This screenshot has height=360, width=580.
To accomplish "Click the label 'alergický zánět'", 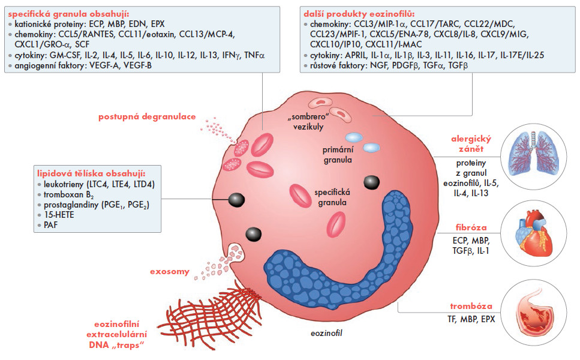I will point(471,142).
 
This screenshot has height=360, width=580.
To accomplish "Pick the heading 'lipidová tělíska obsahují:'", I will point(83,172).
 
